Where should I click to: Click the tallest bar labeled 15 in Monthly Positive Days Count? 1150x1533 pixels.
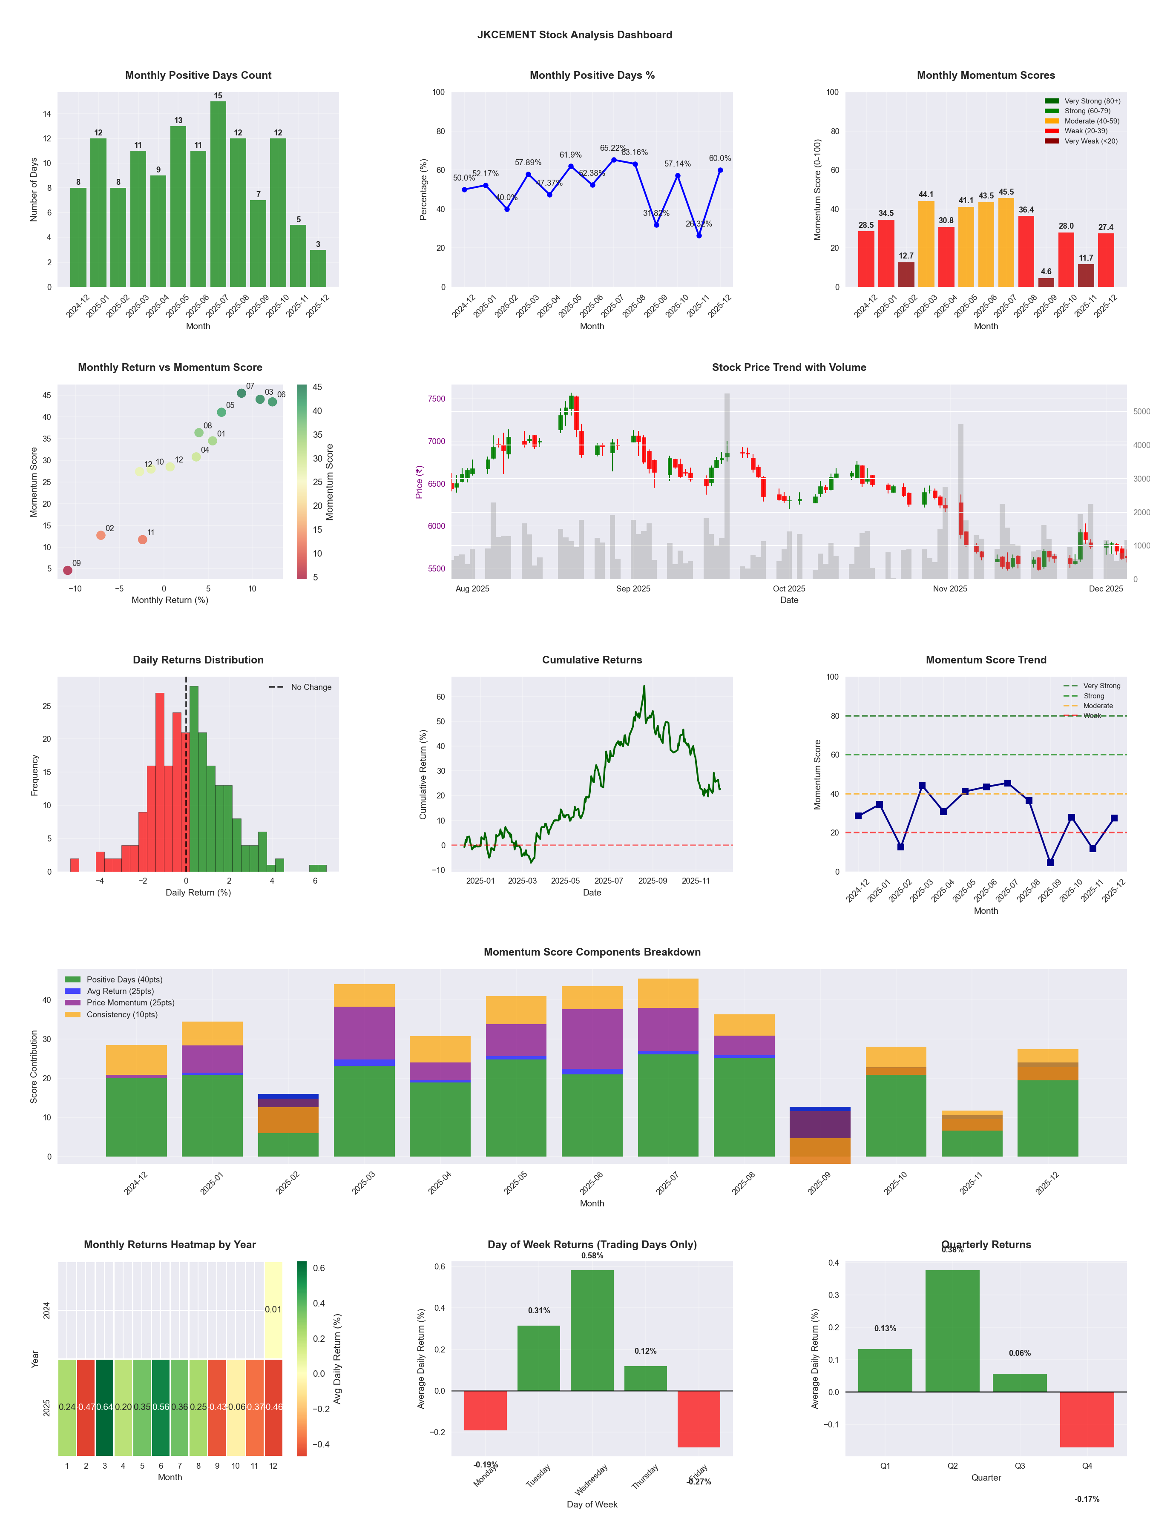(x=218, y=194)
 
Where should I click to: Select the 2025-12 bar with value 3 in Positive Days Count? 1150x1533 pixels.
(x=318, y=269)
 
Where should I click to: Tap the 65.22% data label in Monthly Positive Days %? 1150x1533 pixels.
(x=613, y=148)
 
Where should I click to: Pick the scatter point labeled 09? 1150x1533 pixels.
(x=67, y=570)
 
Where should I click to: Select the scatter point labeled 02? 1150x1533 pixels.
(x=101, y=535)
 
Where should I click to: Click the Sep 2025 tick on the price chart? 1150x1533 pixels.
(x=633, y=589)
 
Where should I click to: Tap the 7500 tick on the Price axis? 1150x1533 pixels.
(x=436, y=399)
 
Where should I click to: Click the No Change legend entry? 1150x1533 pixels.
(x=301, y=687)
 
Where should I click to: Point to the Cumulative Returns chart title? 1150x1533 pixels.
(x=592, y=660)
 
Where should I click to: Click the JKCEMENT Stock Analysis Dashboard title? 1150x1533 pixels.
(x=575, y=34)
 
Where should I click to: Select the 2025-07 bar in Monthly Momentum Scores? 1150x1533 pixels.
(x=1006, y=243)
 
